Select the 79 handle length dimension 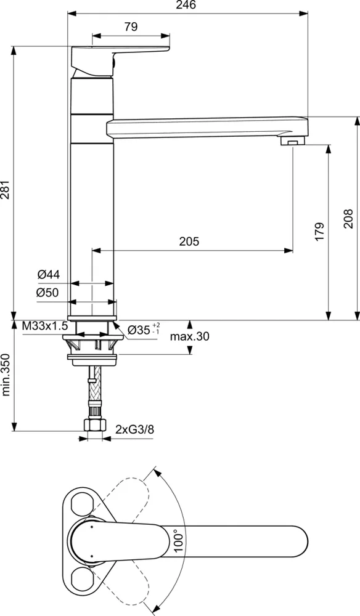(130, 26)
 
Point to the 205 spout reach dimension (189, 242)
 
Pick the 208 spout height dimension (348, 217)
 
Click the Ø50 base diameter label (47, 293)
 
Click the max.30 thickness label (189, 336)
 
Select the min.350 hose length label (6, 376)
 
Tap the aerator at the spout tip (293, 141)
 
